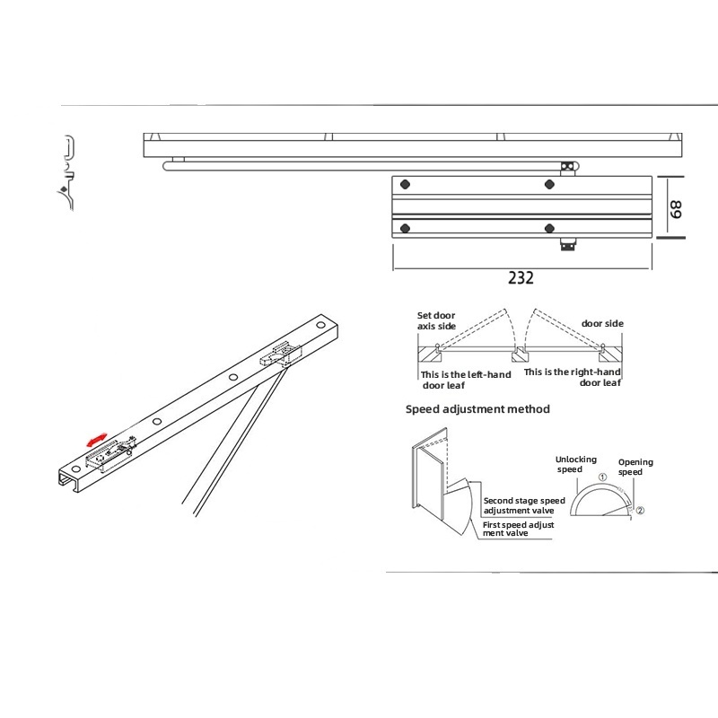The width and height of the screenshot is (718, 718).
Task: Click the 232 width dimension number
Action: click(521, 277)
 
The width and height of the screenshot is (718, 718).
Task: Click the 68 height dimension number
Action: click(676, 209)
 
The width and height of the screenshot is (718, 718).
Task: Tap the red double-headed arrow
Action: click(97, 440)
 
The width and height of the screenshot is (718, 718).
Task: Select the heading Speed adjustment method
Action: click(477, 409)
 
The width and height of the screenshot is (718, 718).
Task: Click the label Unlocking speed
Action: click(575, 464)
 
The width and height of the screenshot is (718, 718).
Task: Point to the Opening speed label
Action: click(635, 467)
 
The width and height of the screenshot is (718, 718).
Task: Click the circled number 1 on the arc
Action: click(602, 477)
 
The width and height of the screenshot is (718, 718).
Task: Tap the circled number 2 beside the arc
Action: click(640, 510)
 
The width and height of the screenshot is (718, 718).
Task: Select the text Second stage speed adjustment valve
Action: click(524, 505)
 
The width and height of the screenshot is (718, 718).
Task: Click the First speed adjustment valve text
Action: click(519, 529)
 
